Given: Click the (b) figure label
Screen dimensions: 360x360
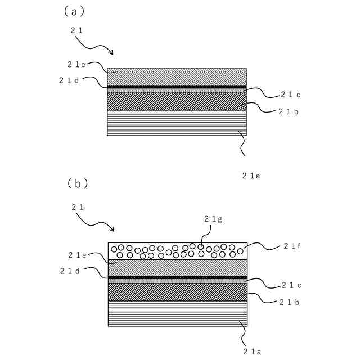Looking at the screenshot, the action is (78, 183).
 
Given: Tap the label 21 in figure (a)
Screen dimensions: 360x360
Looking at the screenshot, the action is (77, 30).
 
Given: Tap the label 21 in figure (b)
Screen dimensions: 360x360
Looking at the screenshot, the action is (78, 207).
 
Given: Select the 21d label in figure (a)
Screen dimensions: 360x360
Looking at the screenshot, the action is (69, 80).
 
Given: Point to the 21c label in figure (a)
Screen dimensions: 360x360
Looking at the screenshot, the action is (291, 94).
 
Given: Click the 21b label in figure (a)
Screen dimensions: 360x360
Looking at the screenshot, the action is (288, 111).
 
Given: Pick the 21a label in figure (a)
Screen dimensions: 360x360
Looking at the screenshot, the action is (251, 175).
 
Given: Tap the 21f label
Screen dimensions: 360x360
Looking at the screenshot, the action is (293, 246).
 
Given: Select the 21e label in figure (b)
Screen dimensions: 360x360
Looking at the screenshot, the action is (78, 255).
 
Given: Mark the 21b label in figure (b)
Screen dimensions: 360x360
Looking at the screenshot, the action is (289, 302).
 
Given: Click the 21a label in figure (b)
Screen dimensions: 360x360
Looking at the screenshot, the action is (251, 351).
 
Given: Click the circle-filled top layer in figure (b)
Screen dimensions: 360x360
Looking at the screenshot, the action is (177, 250).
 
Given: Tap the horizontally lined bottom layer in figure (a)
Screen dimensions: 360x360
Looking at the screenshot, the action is (177, 123).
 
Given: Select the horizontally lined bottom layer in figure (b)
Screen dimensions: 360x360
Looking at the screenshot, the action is (177, 314).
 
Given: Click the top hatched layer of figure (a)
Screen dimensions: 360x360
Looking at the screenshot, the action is (177, 76).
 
